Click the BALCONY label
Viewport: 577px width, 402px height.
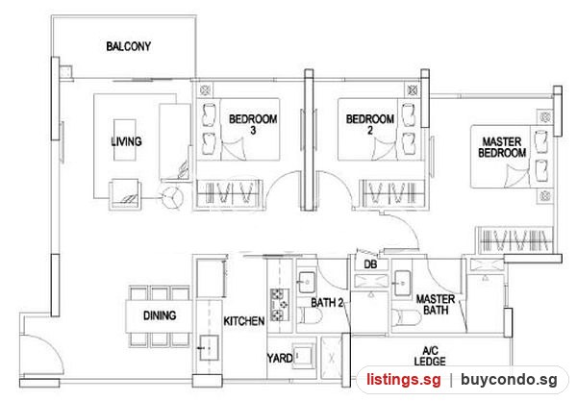pyautogui.click(x=129, y=46)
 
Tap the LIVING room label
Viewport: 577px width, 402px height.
pyautogui.click(x=126, y=141)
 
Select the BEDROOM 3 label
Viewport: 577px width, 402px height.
pyautogui.click(x=253, y=124)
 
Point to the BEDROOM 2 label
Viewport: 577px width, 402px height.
pyautogui.click(x=370, y=124)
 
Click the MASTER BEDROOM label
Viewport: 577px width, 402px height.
pyautogui.click(x=502, y=147)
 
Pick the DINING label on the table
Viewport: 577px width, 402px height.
pyautogui.click(x=160, y=315)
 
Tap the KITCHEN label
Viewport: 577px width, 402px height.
pyautogui.click(x=244, y=321)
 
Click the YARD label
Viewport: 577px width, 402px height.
pyautogui.click(x=280, y=358)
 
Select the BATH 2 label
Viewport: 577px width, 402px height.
pyautogui.click(x=327, y=303)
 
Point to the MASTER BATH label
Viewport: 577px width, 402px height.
pyautogui.click(x=436, y=305)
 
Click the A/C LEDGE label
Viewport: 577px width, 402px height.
pyautogui.click(x=430, y=356)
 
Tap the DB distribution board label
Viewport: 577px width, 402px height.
pyautogui.click(x=370, y=264)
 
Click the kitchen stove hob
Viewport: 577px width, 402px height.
pyautogui.click(x=280, y=305)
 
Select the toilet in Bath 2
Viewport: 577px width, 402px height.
pyautogui.click(x=310, y=315)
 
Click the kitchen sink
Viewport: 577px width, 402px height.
pyautogui.click(x=209, y=347)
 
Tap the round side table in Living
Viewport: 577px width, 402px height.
pyautogui.click(x=172, y=197)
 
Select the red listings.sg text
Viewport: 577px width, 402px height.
pyautogui.click(x=404, y=380)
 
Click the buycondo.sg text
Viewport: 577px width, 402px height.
pyautogui.click(x=510, y=380)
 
